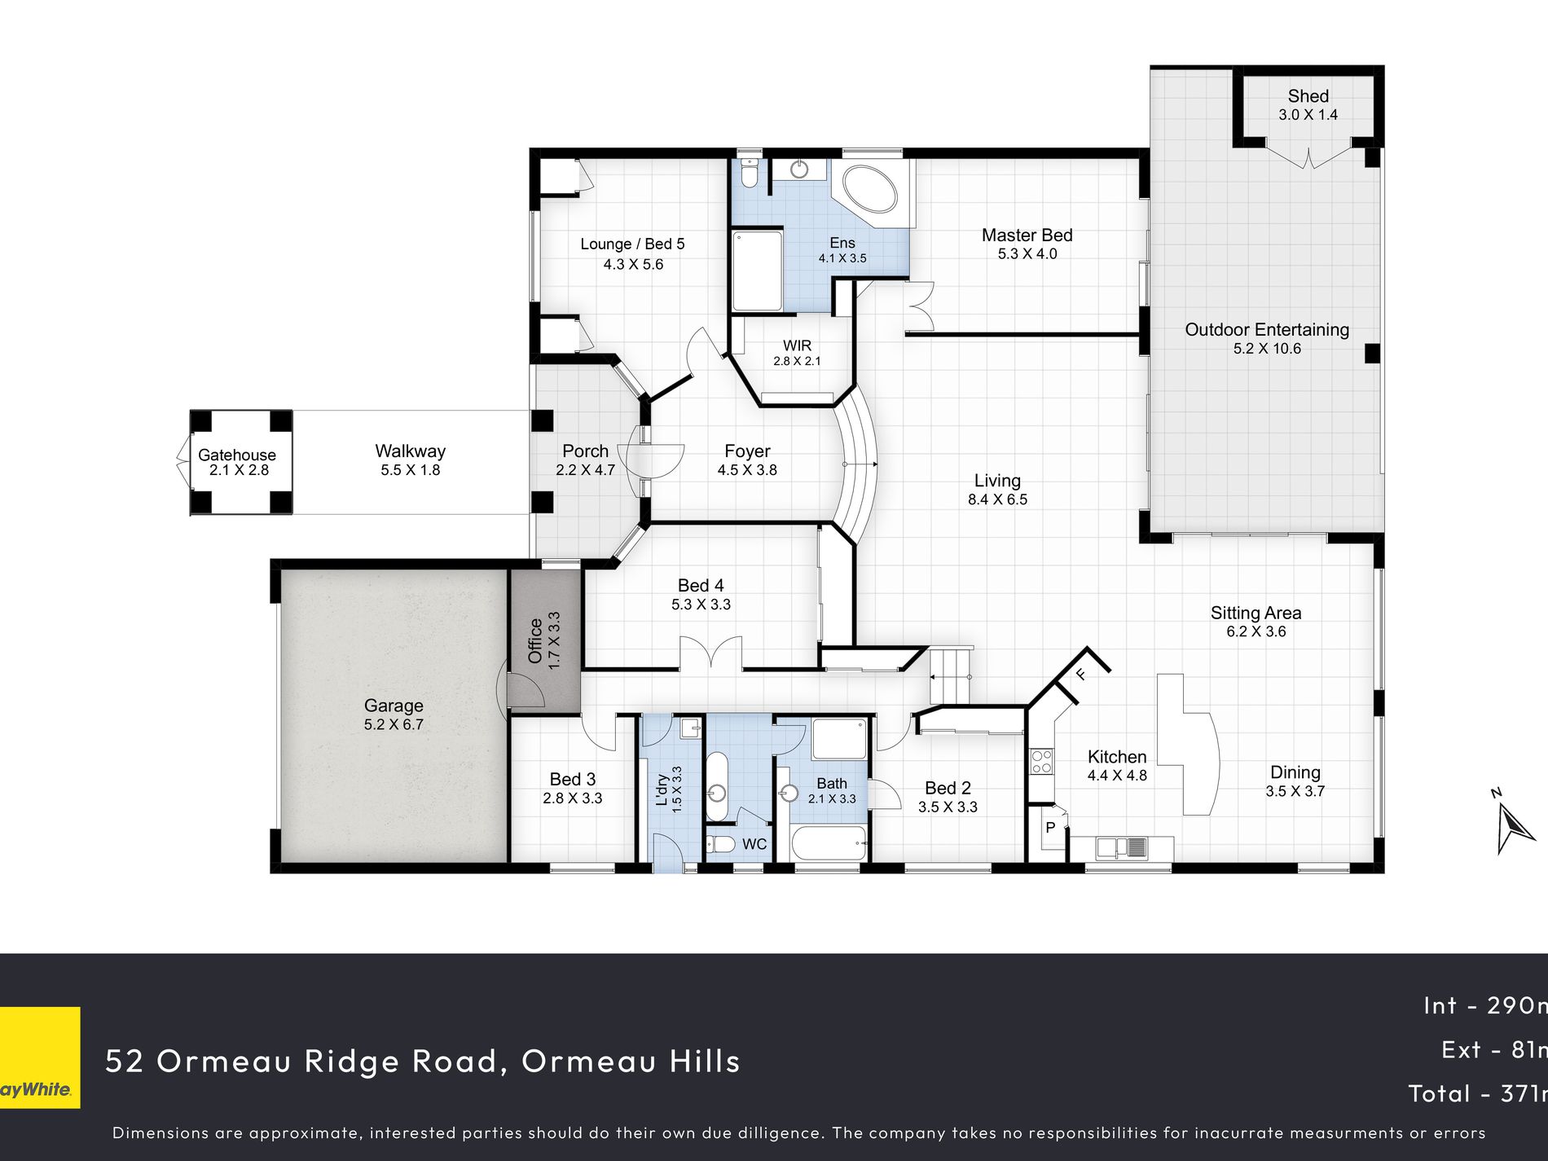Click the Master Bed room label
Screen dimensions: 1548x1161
1027,235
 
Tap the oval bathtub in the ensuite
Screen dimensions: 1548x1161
870,191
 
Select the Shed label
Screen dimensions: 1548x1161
1308,96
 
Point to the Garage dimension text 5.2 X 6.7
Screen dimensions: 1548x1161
394,724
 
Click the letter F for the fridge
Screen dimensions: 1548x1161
1081,674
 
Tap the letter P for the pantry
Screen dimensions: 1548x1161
1051,828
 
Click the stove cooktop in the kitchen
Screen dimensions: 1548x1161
1042,762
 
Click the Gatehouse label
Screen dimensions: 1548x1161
237,455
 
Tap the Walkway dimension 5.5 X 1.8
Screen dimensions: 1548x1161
411,470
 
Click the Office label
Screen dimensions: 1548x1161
535,641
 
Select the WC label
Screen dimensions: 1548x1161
754,844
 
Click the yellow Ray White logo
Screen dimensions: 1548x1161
40,1058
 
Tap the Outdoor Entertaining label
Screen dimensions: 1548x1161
1267,330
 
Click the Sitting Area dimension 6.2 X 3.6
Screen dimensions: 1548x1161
1256,631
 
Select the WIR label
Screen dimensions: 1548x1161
797,345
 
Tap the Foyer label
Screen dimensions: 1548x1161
747,451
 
